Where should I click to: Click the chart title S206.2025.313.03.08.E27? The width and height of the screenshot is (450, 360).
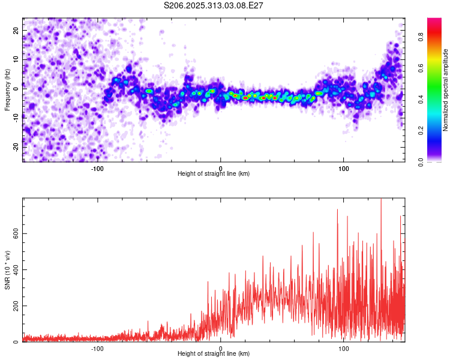coord(214,5)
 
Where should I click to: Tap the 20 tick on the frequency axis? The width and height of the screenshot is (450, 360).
coord(16,31)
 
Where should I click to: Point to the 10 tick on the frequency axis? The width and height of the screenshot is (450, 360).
coord(16,59)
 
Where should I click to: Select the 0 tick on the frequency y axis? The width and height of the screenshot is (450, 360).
coord(16,88)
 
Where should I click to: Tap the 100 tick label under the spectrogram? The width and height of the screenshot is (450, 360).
coord(344,168)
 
